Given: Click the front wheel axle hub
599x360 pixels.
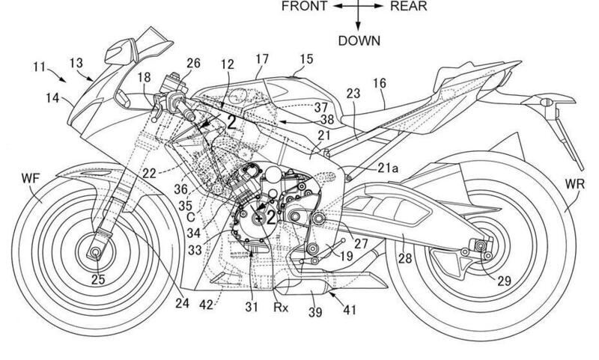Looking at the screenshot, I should click(96, 254).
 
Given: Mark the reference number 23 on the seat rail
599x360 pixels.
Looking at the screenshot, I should click(354, 94).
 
